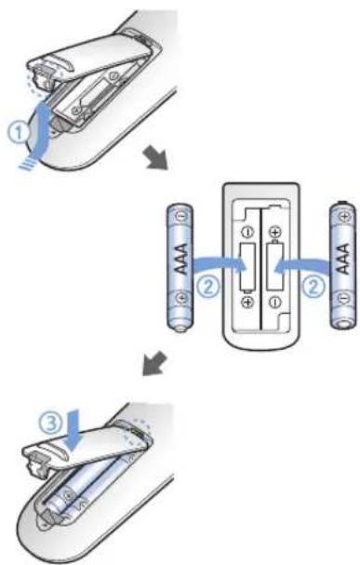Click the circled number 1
(x=18, y=132)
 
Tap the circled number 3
(x=50, y=422)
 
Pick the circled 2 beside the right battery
(x=313, y=288)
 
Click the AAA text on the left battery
(x=180, y=259)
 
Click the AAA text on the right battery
(x=343, y=259)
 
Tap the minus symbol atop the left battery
(x=180, y=216)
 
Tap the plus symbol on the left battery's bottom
(x=181, y=298)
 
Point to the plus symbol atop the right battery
(x=344, y=217)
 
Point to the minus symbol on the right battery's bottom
(x=344, y=298)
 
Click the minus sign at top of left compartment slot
(x=247, y=232)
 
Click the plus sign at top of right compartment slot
(x=275, y=232)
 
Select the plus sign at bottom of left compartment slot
(x=247, y=302)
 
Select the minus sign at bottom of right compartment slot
(x=275, y=302)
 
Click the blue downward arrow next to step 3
(x=73, y=431)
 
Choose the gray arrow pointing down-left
(x=154, y=364)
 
